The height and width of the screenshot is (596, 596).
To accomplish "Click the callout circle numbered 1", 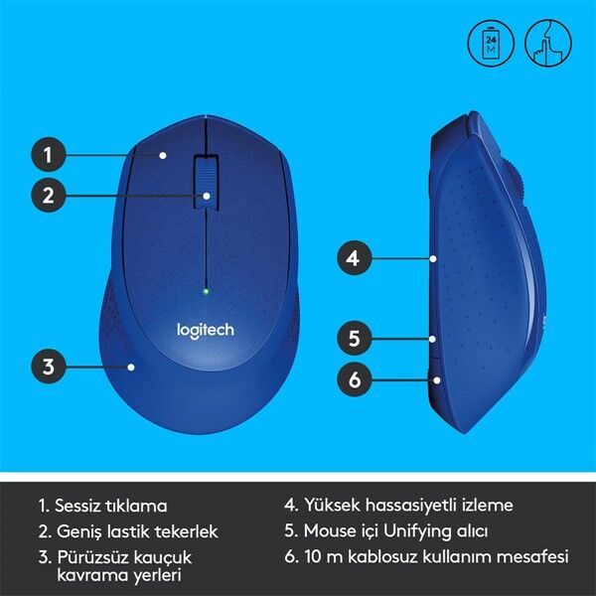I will click(48, 154).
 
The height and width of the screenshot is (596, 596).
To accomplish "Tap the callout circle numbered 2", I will click(48, 196).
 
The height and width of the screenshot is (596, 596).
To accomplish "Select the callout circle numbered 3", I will click(48, 366).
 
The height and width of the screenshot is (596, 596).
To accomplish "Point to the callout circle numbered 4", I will click(352, 259).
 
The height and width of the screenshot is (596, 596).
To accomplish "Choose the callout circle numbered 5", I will click(352, 338).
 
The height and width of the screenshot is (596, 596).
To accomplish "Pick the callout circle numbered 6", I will click(352, 377).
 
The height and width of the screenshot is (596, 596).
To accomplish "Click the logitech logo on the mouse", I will click(205, 330).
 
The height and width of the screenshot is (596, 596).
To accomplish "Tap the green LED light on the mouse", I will click(206, 291).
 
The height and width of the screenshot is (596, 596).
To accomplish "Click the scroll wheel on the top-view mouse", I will click(206, 179).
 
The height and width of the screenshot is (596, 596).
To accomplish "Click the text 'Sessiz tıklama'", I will click(110, 505).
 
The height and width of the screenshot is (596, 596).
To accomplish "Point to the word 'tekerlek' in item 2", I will click(186, 531).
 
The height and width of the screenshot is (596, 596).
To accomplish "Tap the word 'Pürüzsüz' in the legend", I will click(89, 557).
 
